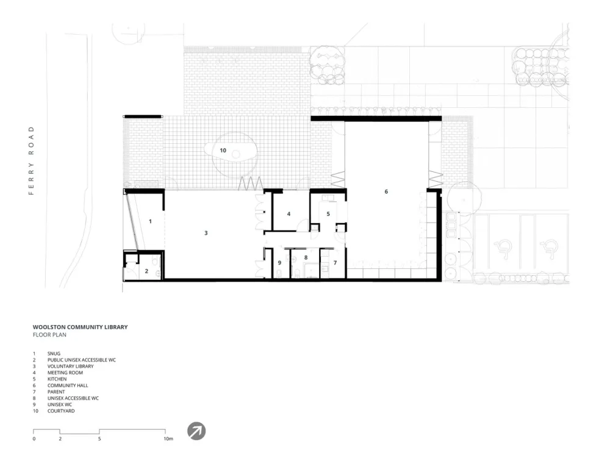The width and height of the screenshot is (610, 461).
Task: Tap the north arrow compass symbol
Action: coord(196,431)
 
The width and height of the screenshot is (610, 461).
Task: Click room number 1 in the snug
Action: coord(150,221)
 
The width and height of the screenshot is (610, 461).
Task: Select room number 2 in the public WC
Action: coord(146,270)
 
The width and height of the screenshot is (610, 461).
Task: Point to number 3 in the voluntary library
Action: coord(206,233)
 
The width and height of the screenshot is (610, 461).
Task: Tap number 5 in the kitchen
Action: coord(328,213)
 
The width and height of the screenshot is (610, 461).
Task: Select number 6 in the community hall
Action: coord(386,191)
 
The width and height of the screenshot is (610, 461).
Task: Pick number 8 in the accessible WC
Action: coord(306,257)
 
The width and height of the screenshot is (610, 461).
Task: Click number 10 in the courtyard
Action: coord(223,150)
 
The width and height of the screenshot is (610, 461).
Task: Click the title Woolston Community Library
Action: coord(81,327)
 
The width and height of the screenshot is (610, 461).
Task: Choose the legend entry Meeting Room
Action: coord(65,373)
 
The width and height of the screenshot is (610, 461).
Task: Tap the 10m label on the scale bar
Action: coord(168,438)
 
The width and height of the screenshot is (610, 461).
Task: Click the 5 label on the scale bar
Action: coord(99,438)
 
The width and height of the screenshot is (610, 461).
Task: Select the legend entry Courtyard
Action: coord(61,411)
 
